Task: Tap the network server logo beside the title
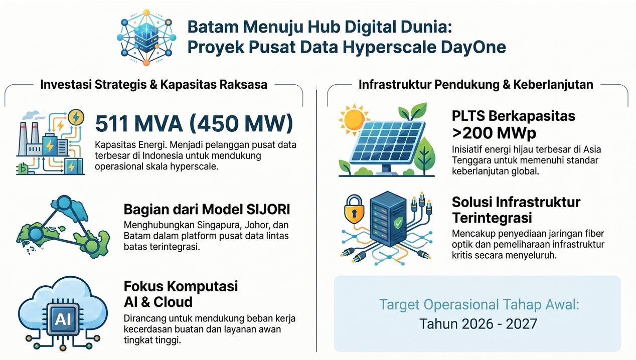pos(146,38)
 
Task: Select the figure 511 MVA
pos(139,124)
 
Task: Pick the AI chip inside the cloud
pos(63,319)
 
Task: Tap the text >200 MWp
pos(494,132)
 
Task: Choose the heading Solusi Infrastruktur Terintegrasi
pos(516,210)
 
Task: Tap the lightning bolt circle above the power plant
pos(76,117)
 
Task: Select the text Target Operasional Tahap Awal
pos(479,305)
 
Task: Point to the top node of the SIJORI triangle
pos(64,203)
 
